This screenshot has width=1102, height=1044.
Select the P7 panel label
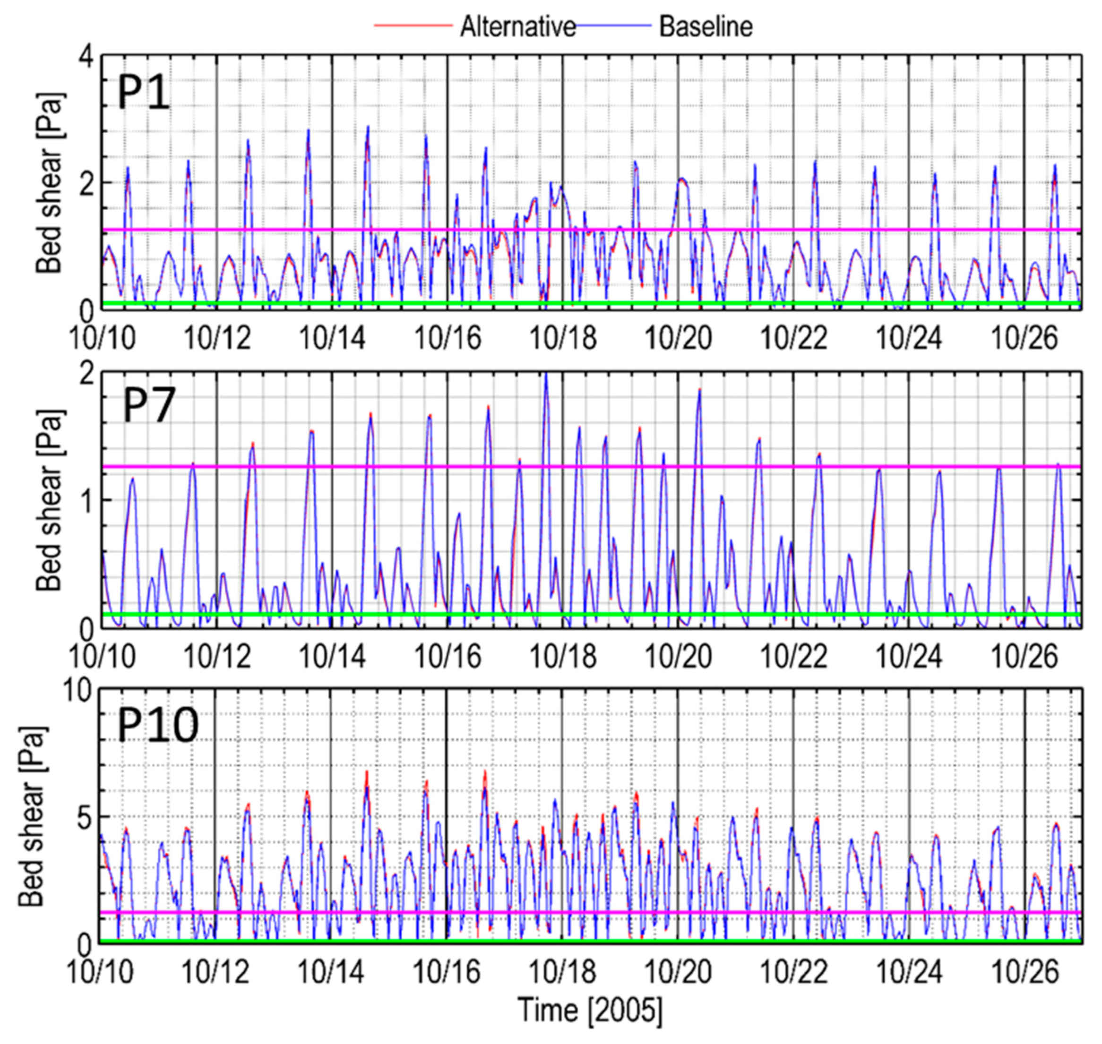148,406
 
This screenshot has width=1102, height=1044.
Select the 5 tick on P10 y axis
85,817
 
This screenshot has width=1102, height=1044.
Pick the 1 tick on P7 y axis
87,500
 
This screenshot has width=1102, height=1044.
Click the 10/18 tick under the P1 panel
563,338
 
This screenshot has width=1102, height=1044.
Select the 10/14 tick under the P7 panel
332,657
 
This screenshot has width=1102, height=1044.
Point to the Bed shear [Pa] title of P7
50,500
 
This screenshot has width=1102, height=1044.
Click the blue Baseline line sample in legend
612,26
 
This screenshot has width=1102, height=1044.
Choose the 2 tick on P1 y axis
86,182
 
